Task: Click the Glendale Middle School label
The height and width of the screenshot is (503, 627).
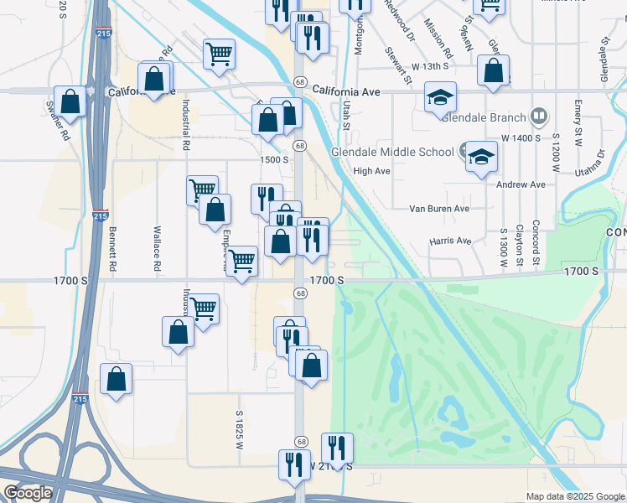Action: click(x=392, y=152)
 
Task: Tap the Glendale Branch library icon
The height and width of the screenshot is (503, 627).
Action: click(x=540, y=117)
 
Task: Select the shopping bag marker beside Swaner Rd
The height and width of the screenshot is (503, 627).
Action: click(x=70, y=101)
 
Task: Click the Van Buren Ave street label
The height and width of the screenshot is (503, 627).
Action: click(x=438, y=208)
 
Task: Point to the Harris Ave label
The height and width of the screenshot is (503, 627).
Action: click(x=450, y=241)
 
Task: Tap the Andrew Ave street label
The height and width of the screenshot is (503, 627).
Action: click(x=521, y=184)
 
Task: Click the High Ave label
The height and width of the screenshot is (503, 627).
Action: click(x=372, y=171)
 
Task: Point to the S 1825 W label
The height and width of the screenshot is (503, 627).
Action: click(x=239, y=428)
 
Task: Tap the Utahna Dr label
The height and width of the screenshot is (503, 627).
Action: click(x=595, y=166)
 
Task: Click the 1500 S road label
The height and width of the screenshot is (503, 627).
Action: click(x=274, y=159)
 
